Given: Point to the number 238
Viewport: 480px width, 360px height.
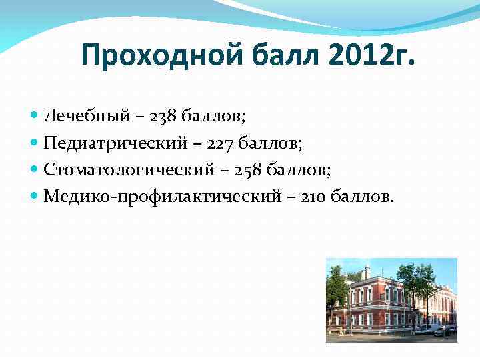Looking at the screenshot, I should pos(164,117).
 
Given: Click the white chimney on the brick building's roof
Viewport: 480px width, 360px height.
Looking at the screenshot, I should pos(366,272).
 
